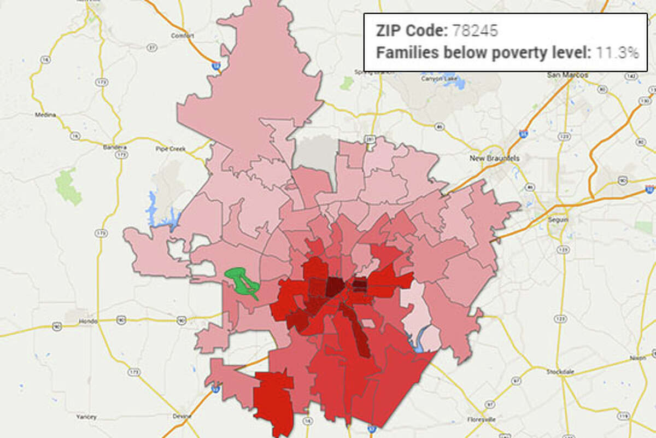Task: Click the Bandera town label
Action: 115,147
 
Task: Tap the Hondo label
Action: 87,321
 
